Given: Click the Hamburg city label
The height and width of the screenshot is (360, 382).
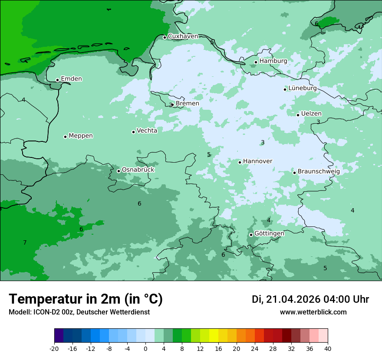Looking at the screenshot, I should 273,61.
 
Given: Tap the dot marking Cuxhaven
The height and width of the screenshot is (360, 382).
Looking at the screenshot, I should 165,37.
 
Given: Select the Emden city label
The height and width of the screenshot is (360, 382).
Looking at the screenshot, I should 71,79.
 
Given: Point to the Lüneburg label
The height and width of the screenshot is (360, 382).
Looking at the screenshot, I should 302,88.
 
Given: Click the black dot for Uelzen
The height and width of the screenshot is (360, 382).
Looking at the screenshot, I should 298,115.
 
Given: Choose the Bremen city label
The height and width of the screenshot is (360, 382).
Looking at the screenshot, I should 187,104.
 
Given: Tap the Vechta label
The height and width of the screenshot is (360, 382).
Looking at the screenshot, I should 147,131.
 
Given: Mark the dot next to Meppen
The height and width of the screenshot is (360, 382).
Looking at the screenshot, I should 65,137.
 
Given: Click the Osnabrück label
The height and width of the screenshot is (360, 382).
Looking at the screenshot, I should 138,170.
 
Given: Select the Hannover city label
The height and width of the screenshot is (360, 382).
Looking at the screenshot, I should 257,161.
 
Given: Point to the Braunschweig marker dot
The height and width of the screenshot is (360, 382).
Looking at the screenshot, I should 294,173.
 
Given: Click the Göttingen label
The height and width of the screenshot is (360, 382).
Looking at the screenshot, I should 269,233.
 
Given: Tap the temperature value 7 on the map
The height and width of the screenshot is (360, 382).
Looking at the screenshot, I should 25,242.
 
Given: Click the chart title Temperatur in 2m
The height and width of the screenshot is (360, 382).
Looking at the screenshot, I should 86,299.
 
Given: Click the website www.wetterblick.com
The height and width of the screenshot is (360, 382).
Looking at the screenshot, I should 313,312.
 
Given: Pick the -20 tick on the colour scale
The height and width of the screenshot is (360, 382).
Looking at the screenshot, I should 54,349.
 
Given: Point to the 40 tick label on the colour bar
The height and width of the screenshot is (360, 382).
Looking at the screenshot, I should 328,349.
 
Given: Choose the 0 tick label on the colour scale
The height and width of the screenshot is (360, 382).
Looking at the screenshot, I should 145,349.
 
